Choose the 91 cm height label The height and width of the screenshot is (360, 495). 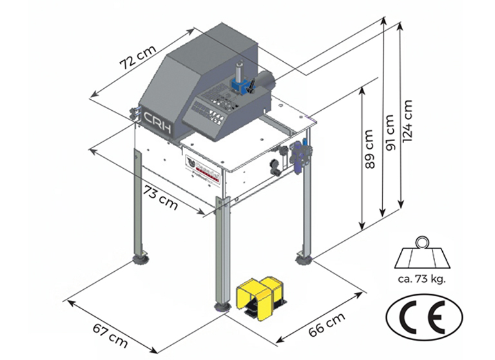pos(389,133)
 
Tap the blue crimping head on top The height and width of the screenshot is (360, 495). pos(240,83)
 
